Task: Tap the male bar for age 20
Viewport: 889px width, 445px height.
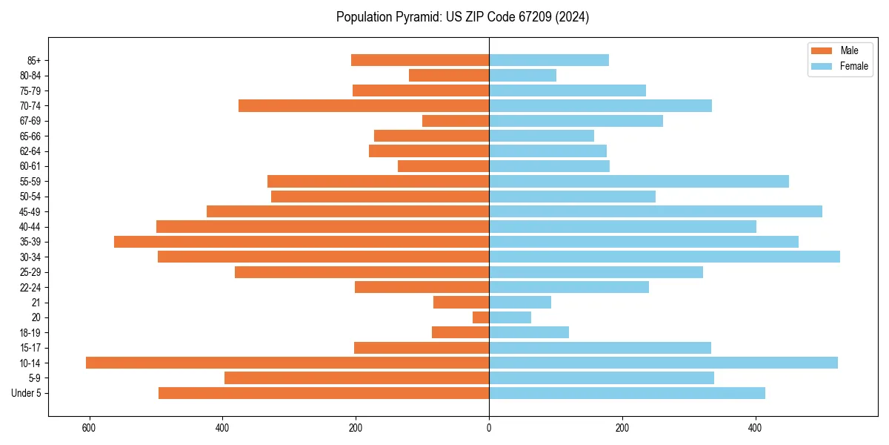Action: click(x=481, y=317)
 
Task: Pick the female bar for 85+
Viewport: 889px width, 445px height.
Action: click(x=549, y=60)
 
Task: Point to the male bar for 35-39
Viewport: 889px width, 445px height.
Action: click(x=302, y=242)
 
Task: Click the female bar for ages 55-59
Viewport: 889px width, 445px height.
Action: click(x=639, y=181)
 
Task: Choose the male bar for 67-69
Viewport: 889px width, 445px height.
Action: click(x=456, y=121)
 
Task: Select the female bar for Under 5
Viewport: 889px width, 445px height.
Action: click(x=627, y=393)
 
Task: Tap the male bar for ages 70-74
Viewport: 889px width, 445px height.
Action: click(x=364, y=105)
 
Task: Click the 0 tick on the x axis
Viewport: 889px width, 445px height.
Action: click(x=489, y=428)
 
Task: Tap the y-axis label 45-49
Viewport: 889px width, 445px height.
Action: click(x=30, y=211)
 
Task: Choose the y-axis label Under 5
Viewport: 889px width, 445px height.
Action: click(x=27, y=393)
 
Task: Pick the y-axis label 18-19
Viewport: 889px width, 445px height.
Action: click(x=30, y=332)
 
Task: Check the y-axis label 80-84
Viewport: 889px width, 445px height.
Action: click(x=30, y=76)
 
